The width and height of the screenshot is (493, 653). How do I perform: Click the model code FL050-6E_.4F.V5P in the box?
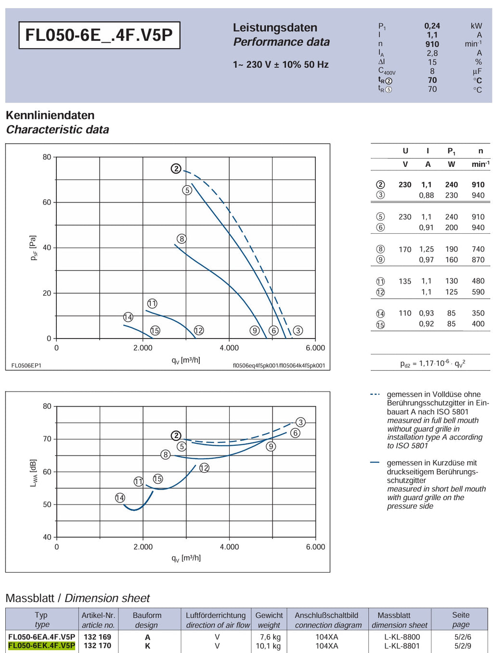99,35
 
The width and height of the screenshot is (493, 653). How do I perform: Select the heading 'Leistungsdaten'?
274,28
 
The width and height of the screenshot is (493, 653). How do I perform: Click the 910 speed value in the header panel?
432,44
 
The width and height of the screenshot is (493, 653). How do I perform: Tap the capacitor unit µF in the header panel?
477,71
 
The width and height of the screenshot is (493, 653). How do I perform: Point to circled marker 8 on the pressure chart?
182,239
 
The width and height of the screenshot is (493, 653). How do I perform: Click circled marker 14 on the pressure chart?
128,317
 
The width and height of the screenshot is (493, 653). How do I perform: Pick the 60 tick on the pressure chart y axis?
47,202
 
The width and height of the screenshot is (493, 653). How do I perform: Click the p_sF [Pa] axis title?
34,248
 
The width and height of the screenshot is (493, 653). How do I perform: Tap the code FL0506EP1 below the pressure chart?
26,365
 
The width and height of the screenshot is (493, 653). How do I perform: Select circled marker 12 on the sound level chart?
204,468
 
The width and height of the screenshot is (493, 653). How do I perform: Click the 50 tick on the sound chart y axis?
47,504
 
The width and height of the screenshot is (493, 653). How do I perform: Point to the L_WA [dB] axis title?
34,473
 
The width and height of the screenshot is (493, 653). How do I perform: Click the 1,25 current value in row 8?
426,249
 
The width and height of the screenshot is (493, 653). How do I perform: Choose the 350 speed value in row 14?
478,313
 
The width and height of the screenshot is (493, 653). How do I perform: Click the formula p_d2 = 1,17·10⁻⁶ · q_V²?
432,363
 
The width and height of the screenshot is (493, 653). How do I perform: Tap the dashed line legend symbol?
375,394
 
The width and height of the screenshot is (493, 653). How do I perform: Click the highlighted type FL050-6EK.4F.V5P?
42,646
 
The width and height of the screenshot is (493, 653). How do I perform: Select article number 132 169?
97,637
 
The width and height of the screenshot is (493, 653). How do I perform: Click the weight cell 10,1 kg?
268,646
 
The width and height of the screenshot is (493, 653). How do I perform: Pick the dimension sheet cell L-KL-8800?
402,637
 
